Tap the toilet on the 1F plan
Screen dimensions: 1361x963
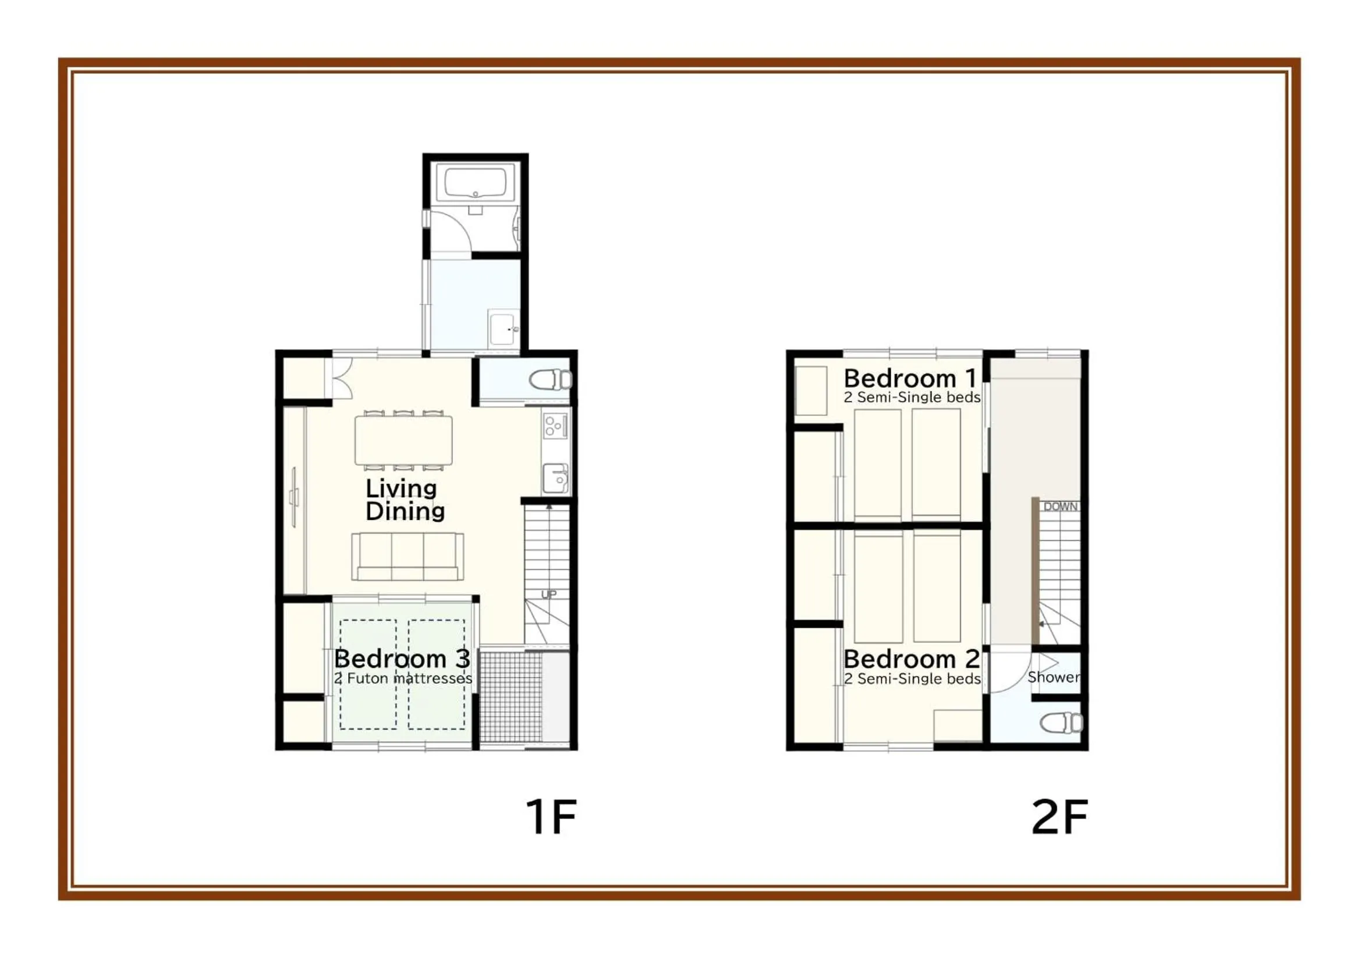coord(550,380)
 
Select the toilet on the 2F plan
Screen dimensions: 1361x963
coord(1062,723)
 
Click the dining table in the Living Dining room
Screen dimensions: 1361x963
coord(403,440)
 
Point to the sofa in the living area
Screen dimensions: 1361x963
coord(408,556)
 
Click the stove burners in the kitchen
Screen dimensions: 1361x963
coord(555,425)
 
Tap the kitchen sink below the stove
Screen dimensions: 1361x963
coord(555,478)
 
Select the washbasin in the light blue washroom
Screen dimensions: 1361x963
coord(504,328)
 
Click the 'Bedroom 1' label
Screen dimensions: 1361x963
coord(910,378)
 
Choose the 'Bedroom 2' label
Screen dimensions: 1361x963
coord(911,659)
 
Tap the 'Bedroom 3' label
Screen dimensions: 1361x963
coord(402,659)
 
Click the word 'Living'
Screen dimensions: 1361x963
coord(401,488)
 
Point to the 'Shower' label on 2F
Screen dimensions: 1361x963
coord(1054,677)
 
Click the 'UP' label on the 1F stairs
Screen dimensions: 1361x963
coord(549,594)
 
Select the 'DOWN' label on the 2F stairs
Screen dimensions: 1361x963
coord(1061,507)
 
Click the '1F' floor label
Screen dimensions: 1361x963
coord(551,817)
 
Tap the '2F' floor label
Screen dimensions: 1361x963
coord(1059,817)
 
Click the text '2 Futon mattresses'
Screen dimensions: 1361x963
coord(403,678)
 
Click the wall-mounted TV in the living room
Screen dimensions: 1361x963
coord(295,497)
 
